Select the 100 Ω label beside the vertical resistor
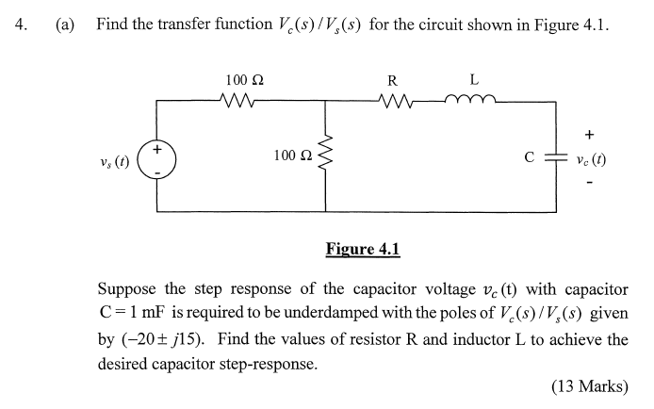(291, 155)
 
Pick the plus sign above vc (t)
(589, 134)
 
